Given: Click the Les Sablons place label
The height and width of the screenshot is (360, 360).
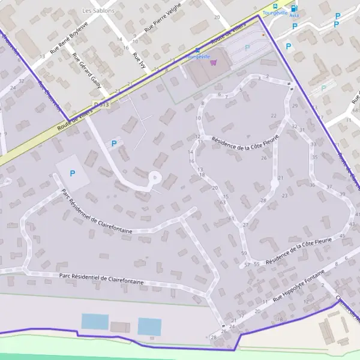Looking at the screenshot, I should (x=95, y=11).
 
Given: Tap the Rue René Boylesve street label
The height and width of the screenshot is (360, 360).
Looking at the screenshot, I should (x=69, y=38).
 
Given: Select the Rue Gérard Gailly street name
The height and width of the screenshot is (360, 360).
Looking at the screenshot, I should (x=86, y=70).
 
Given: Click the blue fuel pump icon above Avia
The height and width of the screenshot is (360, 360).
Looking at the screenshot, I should (x=293, y=8).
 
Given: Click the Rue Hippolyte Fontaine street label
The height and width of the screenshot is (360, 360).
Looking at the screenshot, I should (x=298, y=285).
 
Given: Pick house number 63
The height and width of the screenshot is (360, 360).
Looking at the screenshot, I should (x=223, y=203).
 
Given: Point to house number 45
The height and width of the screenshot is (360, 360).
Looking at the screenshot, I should (x=343, y=236).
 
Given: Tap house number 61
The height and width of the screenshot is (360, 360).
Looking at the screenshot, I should (x=231, y=218).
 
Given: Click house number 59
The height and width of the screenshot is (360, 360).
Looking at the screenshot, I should (x=244, y=254).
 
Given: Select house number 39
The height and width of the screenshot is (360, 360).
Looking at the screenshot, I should (x=343, y=194).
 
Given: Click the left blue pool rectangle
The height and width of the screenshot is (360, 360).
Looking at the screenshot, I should (x=95, y=322).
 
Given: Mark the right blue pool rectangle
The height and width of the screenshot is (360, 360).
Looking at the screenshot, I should (x=149, y=326).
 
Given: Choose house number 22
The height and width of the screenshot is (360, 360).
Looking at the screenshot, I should (x=274, y=116).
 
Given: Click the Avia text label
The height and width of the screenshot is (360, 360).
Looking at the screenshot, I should (x=294, y=16).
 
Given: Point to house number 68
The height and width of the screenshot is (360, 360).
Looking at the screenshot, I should (x=356, y=110).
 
